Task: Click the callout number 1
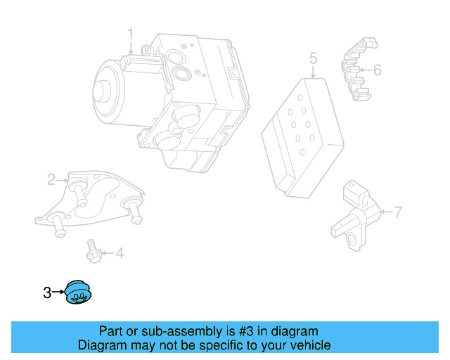point(130,33)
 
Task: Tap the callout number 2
point(51,180)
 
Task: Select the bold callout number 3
point(47,292)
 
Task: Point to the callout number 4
point(119,252)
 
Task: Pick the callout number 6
point(377,70)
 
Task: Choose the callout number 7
point(397,211)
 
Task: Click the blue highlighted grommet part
point(79,292)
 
